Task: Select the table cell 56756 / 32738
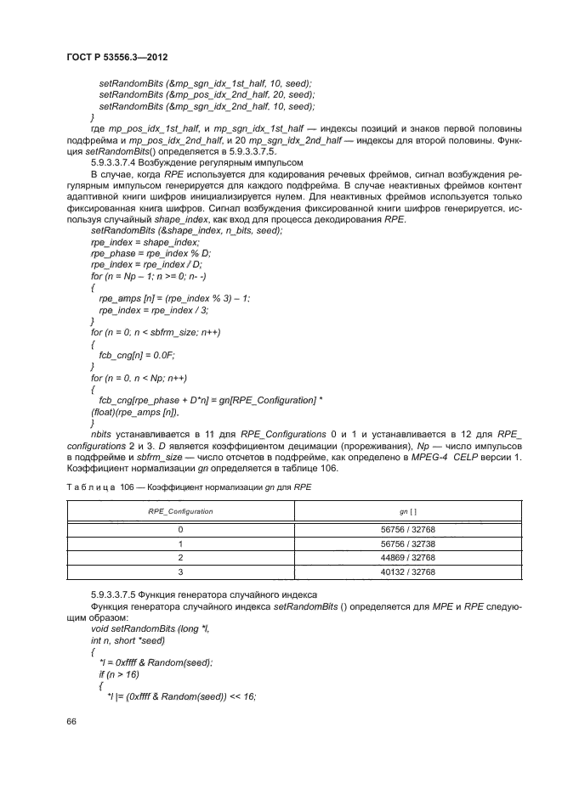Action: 393,543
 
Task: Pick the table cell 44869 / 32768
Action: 393,558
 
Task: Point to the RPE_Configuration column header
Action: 180,512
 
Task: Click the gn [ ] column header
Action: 393,512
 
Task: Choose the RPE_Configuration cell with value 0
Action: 180,528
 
